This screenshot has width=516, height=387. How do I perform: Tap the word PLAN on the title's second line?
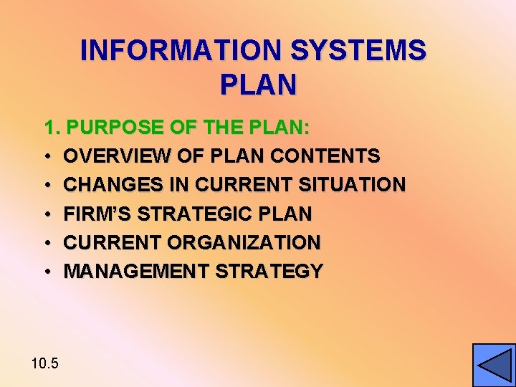pos(258,85)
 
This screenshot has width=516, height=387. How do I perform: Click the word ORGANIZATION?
pos(244,242)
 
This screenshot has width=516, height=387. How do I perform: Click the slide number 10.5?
pos(45,363)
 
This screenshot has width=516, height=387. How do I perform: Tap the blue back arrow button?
pos(494,365)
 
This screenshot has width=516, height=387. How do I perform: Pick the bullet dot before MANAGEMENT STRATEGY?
pos(46,272)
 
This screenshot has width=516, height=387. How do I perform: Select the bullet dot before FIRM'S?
pos(46,214)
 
